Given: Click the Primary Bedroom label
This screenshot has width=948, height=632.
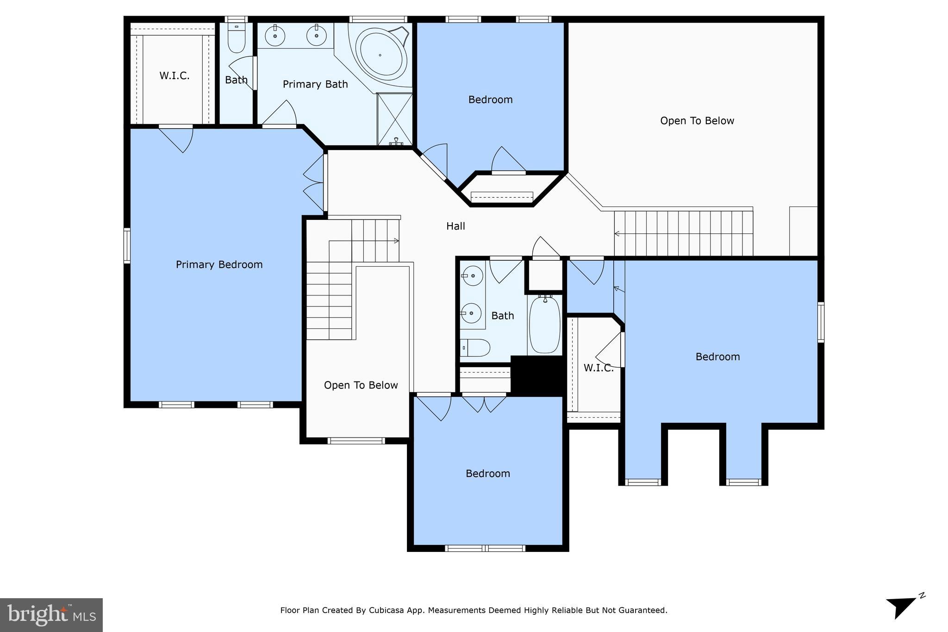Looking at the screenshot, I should pos(219,264).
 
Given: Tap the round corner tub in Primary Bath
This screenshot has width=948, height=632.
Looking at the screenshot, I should pos(380,56).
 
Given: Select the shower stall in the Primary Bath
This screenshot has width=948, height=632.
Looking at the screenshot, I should pos(394,119).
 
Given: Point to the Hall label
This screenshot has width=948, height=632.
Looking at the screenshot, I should pos(455,226).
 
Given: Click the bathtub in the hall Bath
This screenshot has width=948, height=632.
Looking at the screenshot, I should pos(545,325).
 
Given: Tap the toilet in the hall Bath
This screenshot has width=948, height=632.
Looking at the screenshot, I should pos(476,347).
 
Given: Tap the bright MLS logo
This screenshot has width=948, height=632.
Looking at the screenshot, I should pos(51,615).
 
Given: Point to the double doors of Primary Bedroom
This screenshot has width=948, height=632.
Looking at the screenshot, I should pos(314,182).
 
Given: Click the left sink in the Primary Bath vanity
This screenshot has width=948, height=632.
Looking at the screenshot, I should pos(275,36).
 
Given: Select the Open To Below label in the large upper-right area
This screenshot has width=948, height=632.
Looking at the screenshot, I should pos(697,121).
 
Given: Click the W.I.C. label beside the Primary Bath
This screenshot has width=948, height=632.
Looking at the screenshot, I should pos(175,75).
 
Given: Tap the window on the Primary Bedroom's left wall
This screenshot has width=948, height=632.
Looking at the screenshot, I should pos(127,245).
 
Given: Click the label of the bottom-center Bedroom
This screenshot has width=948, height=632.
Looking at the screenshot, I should pos(487,473).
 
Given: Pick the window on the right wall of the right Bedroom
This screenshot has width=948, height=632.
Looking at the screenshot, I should pos(820,322).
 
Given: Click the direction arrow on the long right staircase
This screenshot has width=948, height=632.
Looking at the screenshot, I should pos(617,234).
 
